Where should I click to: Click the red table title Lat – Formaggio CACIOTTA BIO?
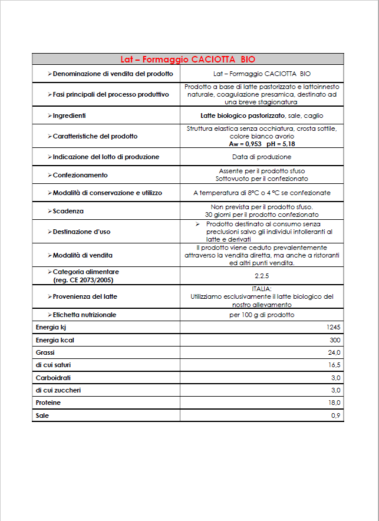point(187,59)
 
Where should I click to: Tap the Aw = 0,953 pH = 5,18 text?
point(262,144)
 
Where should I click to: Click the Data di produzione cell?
point(262,157)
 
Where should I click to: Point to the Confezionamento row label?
point(80,175)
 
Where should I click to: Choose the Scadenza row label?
point(68,211)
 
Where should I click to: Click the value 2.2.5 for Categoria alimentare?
point(262,275)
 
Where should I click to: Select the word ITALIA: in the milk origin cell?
point(262,289)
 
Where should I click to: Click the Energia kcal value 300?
point(335,340)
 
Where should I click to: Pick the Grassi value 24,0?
point(334,352)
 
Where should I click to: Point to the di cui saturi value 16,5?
point(334,365)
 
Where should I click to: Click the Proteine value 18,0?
point(334,403)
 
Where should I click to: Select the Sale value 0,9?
point(336,416)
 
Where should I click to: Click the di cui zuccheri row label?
point(58,390)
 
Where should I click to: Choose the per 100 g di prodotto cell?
point(262,315)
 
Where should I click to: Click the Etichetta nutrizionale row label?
point(84,315)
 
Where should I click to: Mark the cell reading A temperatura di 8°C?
point(262,193)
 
